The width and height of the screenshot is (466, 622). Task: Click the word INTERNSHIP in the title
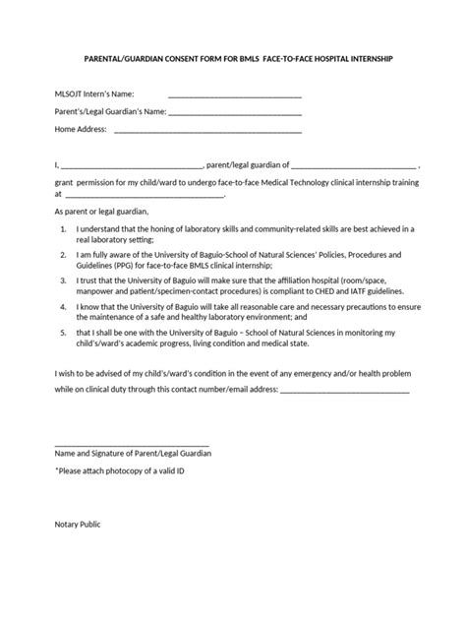coord(368,59)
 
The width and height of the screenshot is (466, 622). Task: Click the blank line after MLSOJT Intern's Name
coord(235,97)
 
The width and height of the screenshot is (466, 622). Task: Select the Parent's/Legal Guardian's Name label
coord(103,112)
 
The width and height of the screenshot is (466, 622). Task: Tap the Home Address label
coord(81,130)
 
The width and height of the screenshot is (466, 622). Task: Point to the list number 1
coord(64,228)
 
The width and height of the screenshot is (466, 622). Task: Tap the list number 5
coord(64,333)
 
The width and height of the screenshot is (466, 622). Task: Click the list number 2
coord(64,254)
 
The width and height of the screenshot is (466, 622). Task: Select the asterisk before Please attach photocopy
coord(56,473)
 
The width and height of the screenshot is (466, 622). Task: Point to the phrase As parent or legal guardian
coord(100,212)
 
